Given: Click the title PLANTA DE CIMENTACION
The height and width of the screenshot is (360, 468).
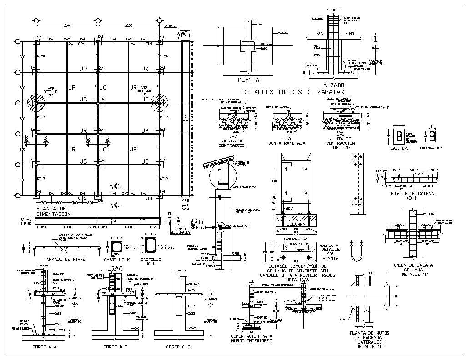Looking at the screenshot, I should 53,211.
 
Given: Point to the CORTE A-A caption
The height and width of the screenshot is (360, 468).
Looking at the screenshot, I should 45,347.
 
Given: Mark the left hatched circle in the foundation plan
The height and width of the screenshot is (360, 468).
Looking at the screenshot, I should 36,103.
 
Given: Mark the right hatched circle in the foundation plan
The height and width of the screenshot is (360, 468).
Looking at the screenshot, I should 160,103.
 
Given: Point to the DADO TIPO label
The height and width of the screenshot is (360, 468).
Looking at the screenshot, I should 400,148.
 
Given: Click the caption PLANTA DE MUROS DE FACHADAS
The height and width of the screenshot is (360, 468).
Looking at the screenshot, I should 371,338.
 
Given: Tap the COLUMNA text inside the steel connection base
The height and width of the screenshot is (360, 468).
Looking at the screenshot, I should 295,224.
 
